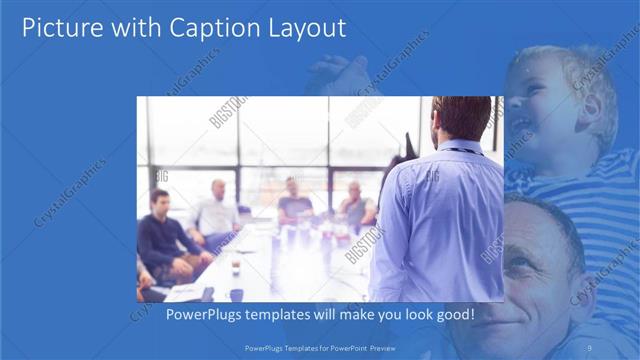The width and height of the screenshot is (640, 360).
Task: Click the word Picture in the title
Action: pyautogui.click(x=62, y=28)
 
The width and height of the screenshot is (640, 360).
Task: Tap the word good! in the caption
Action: pyautogui.click(x=455, y=315)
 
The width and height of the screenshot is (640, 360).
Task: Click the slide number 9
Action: pyautogui.click(x=590, y=347)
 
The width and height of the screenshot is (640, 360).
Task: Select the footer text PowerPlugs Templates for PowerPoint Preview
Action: pyautogui.click(x=320, y=347)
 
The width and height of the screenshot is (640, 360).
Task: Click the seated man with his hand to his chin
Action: pyautogui.click(x=354, y=205)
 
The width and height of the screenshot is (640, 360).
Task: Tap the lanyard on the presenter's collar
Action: pyautogui.click(x=462, y=150)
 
